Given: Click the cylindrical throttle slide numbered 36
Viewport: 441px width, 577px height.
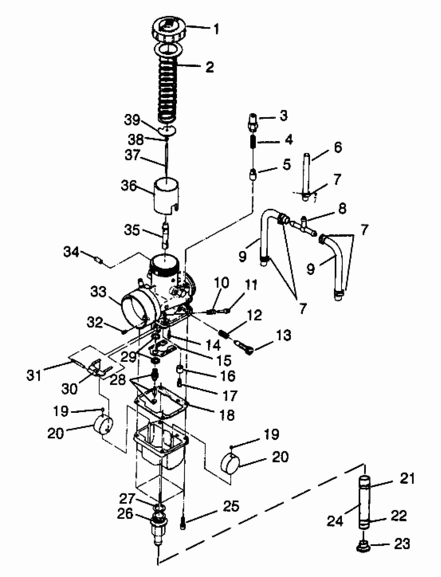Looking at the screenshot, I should coord(166,196).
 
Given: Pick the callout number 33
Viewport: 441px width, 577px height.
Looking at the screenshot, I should coord(98,291).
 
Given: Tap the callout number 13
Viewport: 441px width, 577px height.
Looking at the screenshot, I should coord(284,335).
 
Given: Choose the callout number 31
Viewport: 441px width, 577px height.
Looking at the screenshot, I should coord(34,375).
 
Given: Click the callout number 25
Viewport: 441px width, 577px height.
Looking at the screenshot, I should coord(231,506).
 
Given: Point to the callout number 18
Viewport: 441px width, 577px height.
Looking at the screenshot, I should coord(227,415).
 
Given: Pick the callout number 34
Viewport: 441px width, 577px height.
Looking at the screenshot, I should coord(71,252).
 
